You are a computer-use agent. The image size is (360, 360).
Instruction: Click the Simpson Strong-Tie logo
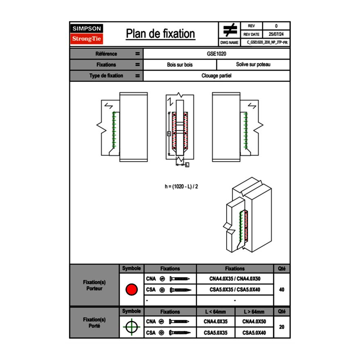87,34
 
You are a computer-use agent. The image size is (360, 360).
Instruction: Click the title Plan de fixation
160,34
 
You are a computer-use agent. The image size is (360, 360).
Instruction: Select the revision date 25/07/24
276,34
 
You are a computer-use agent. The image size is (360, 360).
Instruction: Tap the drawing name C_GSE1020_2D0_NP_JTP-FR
266,42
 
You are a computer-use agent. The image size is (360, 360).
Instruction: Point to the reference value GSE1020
217,54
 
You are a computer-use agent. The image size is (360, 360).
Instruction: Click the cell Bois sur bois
180,65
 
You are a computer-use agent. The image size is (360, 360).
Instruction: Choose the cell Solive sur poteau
253,65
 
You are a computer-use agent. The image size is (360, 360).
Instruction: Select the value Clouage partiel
216,76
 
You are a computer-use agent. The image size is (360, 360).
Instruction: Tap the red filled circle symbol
131,290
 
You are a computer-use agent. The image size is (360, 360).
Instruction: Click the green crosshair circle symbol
131,327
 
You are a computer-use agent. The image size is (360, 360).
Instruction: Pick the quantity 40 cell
281,290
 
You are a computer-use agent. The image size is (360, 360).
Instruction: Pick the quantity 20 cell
281,327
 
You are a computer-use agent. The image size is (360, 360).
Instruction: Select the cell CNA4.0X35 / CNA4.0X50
235,279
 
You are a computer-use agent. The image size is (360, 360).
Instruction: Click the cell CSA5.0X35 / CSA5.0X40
235,290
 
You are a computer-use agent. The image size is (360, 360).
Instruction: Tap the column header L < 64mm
216,312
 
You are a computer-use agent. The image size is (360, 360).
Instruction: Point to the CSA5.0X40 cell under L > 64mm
254,333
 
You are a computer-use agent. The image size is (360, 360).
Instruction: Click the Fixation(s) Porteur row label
94,285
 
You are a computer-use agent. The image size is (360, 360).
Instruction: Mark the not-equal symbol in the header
230,30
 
